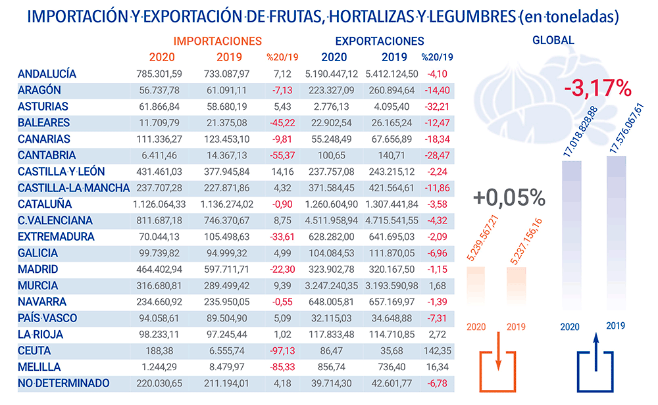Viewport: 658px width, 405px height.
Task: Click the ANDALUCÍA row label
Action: (47, 74)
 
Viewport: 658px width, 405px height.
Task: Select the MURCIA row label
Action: (38, 286)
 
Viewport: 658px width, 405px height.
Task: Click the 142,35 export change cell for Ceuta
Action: (438, 351)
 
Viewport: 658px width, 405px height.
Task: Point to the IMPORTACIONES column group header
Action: (221, 41)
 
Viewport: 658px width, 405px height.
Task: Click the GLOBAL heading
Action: (553, 40)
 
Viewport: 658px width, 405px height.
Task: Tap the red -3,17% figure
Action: (597, 89)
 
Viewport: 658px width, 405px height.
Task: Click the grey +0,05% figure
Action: (509, 197)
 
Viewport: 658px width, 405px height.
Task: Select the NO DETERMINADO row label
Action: (64, 383)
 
